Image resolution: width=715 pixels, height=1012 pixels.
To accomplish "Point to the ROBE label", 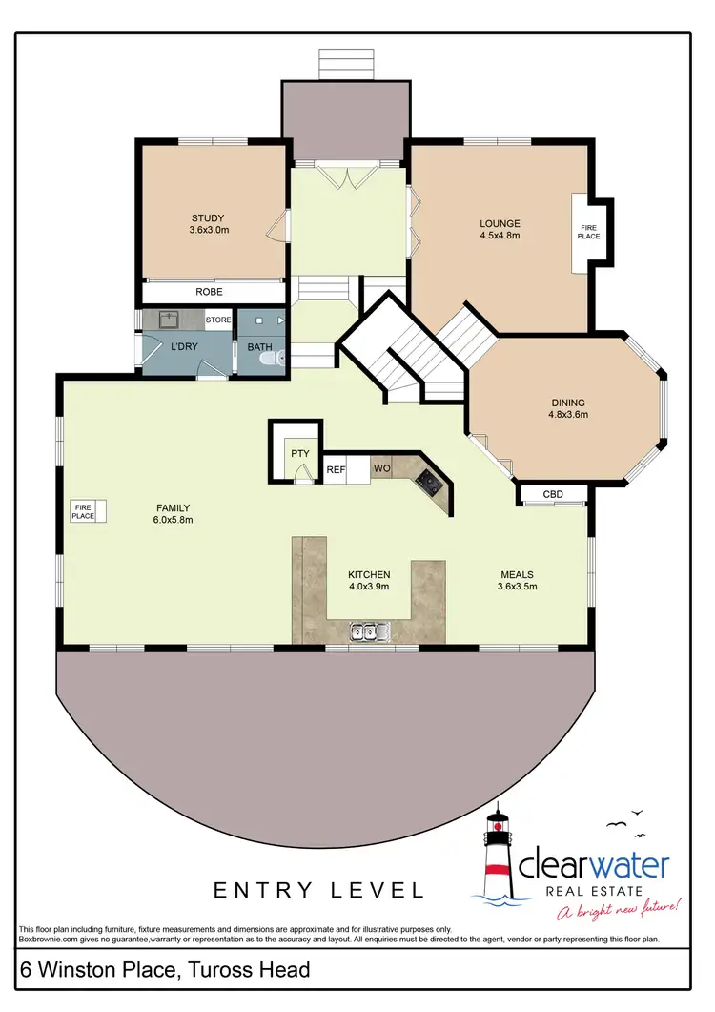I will point(210,292).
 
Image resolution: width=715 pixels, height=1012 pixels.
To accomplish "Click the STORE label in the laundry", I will point(218,320).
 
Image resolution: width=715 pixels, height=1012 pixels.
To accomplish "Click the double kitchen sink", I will point(367,630).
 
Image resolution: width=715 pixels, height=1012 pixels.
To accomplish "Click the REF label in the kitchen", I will point(336,469).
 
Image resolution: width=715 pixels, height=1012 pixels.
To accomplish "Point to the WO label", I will point(380,469).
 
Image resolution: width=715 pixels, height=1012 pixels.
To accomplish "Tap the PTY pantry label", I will point(300,454).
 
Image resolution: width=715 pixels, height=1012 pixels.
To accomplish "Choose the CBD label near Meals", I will point(553,494).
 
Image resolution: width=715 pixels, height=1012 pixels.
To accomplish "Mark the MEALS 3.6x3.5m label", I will point(518,580).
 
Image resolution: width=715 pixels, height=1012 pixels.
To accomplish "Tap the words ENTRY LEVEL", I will point(318,891).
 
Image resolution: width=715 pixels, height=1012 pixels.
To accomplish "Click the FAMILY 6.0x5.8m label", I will point(173,513).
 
